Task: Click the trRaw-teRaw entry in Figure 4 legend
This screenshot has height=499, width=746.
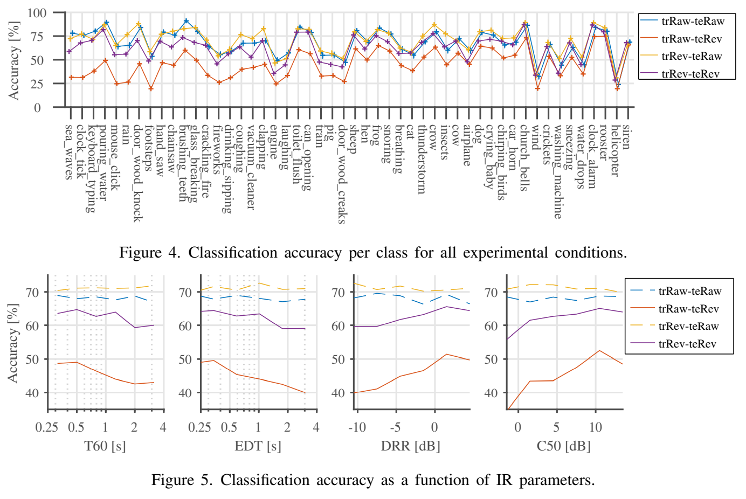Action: [693, 22]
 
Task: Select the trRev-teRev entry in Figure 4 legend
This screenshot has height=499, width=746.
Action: [690, 74]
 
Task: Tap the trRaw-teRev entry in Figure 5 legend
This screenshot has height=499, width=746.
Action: [688, 309]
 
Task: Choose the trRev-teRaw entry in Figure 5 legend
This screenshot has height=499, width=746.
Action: [688, 326]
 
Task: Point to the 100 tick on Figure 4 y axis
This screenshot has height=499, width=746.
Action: [37, 13]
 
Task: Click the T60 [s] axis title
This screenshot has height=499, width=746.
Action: [105, 446]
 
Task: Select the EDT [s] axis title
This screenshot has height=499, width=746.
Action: [258, 446]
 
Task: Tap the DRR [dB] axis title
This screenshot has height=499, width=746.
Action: [410, 446]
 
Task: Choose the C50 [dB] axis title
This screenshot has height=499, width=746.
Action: [563, 446]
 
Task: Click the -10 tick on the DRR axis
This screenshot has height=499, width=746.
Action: [357, 427]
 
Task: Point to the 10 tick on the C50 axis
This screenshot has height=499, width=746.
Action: [595, 427]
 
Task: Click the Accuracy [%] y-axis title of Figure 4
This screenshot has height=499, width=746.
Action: [14, 60]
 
